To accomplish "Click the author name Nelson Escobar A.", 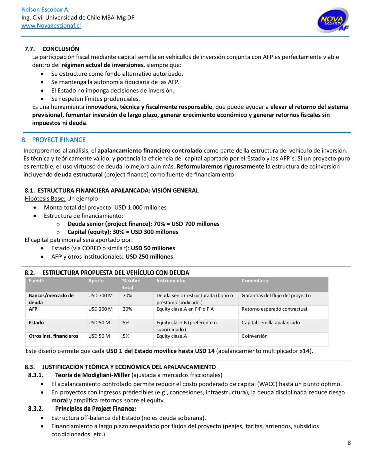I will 45,10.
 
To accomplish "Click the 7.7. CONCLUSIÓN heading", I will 52,49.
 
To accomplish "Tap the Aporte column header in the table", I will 96,280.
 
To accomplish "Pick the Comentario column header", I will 255,280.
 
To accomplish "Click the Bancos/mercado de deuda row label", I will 51,299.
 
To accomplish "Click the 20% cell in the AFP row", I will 127,309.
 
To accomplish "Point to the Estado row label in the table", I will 36,322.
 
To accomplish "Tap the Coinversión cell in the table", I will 255,336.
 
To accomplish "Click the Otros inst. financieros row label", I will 53,336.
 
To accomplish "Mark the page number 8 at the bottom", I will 349,443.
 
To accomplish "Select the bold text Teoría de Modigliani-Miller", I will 92,375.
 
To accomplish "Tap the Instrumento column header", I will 170,280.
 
